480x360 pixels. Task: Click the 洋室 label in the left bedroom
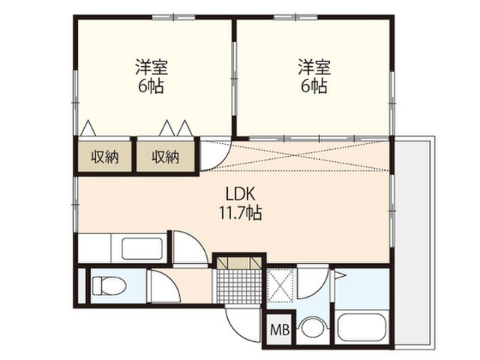tap(151, 67)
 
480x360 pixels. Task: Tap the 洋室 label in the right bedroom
tap(314, 67)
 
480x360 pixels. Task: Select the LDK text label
tap(240, 193)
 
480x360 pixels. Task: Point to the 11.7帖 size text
tap(240, 213)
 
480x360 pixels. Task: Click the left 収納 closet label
tap(105, 157)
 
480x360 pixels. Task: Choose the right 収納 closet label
tap(166, 157)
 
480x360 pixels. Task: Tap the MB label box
tap(280, 330)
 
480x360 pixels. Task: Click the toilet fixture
tap(109, 286)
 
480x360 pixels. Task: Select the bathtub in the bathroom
tap(361, 327)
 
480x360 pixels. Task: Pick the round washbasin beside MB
tap(312, 328)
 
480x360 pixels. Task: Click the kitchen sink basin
tap(142, 248)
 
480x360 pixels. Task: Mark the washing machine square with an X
tap(280, 285)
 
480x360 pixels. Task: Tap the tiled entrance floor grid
tap(239, 286)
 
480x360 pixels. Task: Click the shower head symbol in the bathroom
tap(340, 275)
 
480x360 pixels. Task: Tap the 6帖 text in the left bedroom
tap(151, 87)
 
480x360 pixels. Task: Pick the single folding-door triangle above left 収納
tap(88, 127)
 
